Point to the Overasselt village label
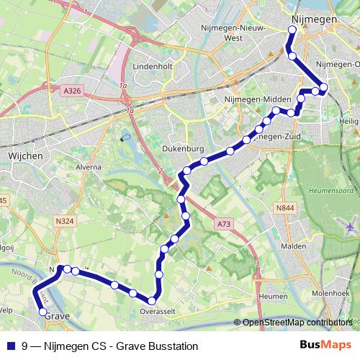156,312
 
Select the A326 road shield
72,91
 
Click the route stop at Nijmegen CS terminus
292,30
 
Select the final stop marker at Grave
42,312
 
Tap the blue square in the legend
12,346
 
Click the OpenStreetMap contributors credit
297,323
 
